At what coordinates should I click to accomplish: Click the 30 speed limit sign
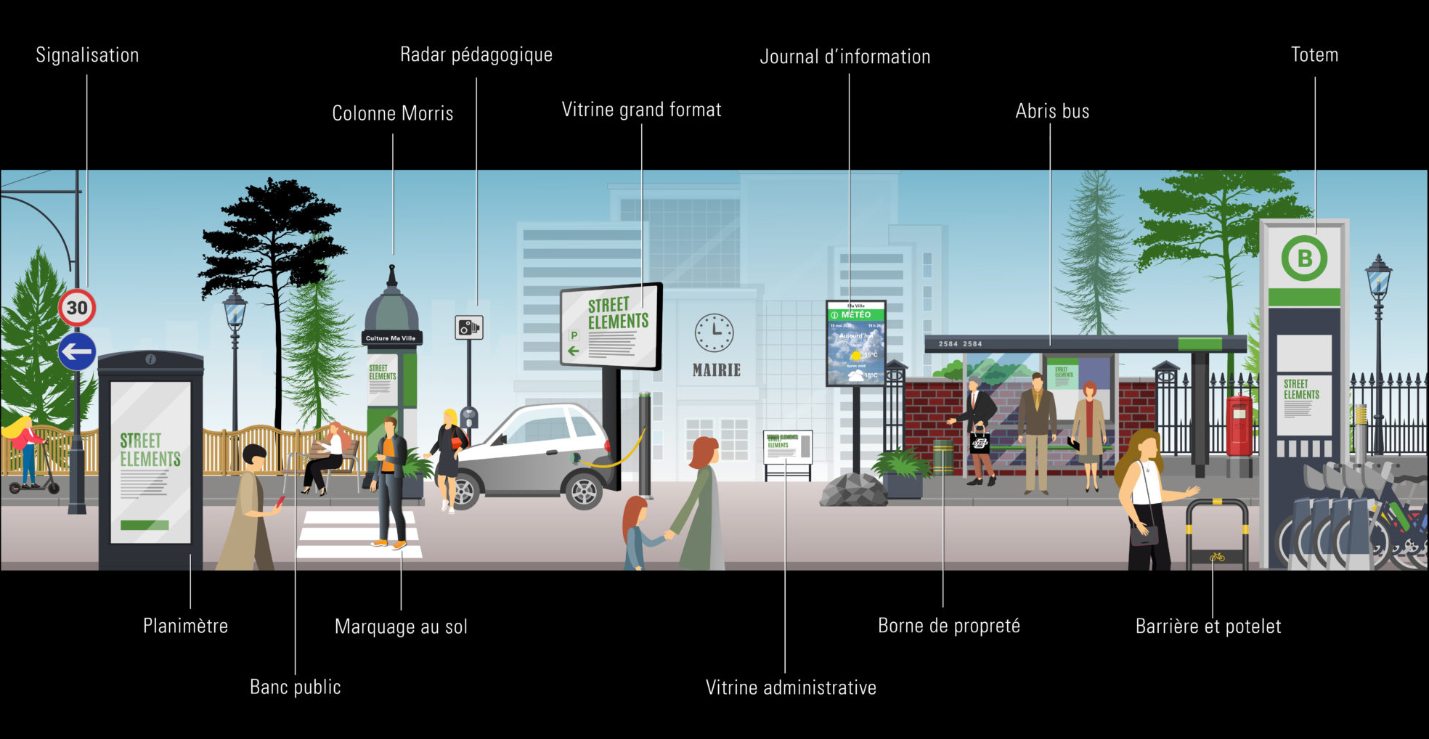pos(77,308)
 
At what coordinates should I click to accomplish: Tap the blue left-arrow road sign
pos(77,352)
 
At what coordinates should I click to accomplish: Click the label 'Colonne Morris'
pos(392,113)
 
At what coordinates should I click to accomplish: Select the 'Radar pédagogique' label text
pos(476,55)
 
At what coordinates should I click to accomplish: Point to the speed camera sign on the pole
pos(468,327)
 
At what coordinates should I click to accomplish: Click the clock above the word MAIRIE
pos(714,333)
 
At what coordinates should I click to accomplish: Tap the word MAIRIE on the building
pos(716,370)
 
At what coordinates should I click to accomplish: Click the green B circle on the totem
pos(1304,258)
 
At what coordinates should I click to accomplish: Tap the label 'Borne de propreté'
pos(948,626)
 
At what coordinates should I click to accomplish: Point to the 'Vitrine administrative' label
pos(791,687)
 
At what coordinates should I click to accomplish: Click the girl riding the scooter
pos(25,450)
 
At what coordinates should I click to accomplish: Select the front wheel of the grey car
pos(585,490)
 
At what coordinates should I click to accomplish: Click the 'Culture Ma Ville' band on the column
pos(391,338)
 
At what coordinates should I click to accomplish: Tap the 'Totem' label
pos(1314,55)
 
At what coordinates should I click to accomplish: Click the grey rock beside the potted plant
pos(853,490)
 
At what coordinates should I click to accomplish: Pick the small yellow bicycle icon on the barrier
pos(1217,557)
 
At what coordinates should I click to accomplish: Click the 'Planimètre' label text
pos(185,626)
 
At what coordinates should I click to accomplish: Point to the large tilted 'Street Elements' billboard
pos(611,325)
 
